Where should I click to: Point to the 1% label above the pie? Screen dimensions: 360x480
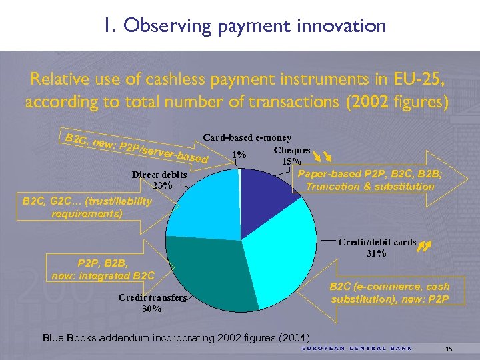tap(241, 155)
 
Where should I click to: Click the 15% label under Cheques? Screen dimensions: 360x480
tap(291, 161)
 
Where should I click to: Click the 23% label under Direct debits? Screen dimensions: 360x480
tap(163, 185)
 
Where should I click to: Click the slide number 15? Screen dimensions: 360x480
tap(449, 349)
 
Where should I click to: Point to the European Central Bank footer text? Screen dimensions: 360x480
tap(357, 348)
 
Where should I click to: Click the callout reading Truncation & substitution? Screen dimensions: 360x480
tap(369, 186)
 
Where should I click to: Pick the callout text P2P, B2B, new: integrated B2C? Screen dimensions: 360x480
tap(103, 270)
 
